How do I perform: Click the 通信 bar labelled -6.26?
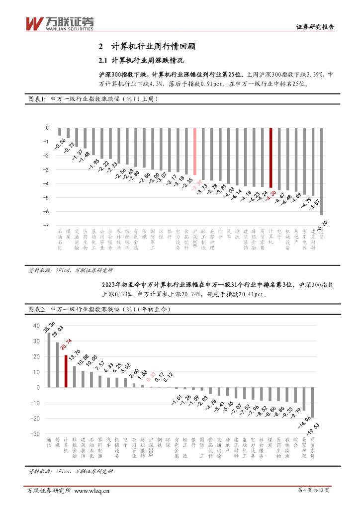(x=322, y=171)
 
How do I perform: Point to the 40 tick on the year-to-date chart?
(x=36, y=326)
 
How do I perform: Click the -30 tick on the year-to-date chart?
(x=35, y=434)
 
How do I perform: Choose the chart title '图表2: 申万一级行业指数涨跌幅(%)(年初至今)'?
(x=98, y=309)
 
